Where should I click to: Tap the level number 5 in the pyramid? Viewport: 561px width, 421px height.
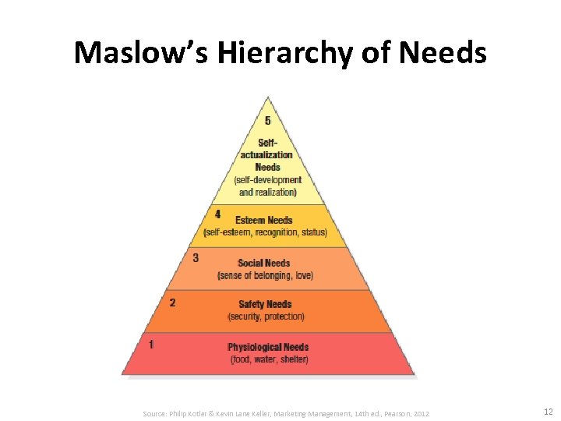coord(268,121)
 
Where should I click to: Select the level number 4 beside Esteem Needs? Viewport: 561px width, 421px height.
coord(217,214)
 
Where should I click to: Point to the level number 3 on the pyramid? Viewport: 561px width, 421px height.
coord(196,257)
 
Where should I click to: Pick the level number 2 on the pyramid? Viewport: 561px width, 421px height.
coord(172,302)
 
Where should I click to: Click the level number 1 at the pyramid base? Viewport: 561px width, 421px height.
coord(151,343)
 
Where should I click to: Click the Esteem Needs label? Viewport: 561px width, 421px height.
coord(264,220)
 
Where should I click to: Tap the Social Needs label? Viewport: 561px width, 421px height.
coord(264,264)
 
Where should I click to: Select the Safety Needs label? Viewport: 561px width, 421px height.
coord(265,305)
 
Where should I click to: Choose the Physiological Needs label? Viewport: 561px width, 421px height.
coord(268,347)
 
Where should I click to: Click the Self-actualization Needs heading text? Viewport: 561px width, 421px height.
coord(267,154)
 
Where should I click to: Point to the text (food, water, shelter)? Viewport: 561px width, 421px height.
coord(269,359)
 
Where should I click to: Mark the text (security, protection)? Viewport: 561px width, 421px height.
coord(266,317)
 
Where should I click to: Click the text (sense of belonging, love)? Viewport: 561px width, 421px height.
coord(265,275)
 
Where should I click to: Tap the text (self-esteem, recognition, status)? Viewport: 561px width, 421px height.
coord(265,232)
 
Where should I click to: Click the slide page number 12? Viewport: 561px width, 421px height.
coord(548,412)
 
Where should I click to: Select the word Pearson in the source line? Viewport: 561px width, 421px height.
coord(394,413)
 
